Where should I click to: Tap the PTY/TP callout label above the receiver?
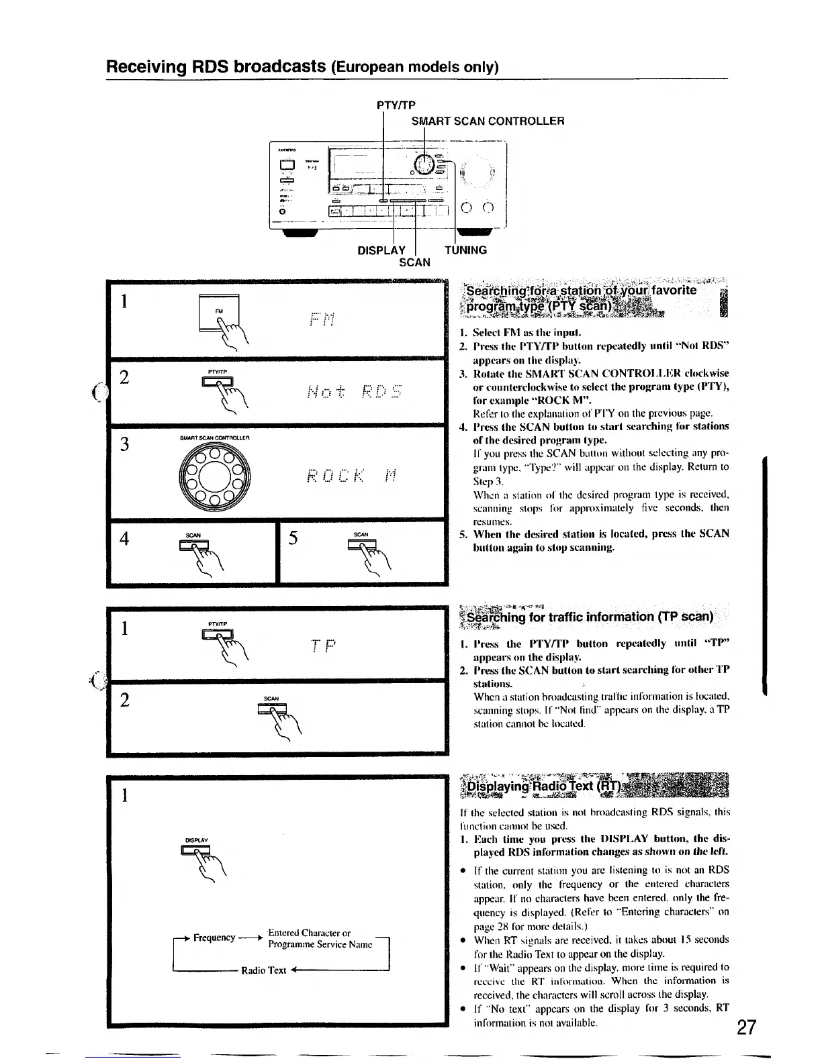396,105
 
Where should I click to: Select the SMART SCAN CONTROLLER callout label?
488,121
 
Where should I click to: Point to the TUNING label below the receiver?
465,250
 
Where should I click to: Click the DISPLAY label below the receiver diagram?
381,250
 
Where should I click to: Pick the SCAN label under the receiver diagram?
414,262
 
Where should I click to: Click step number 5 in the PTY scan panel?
293,540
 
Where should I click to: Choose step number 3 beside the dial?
124,445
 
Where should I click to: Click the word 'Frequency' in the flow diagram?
214,938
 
